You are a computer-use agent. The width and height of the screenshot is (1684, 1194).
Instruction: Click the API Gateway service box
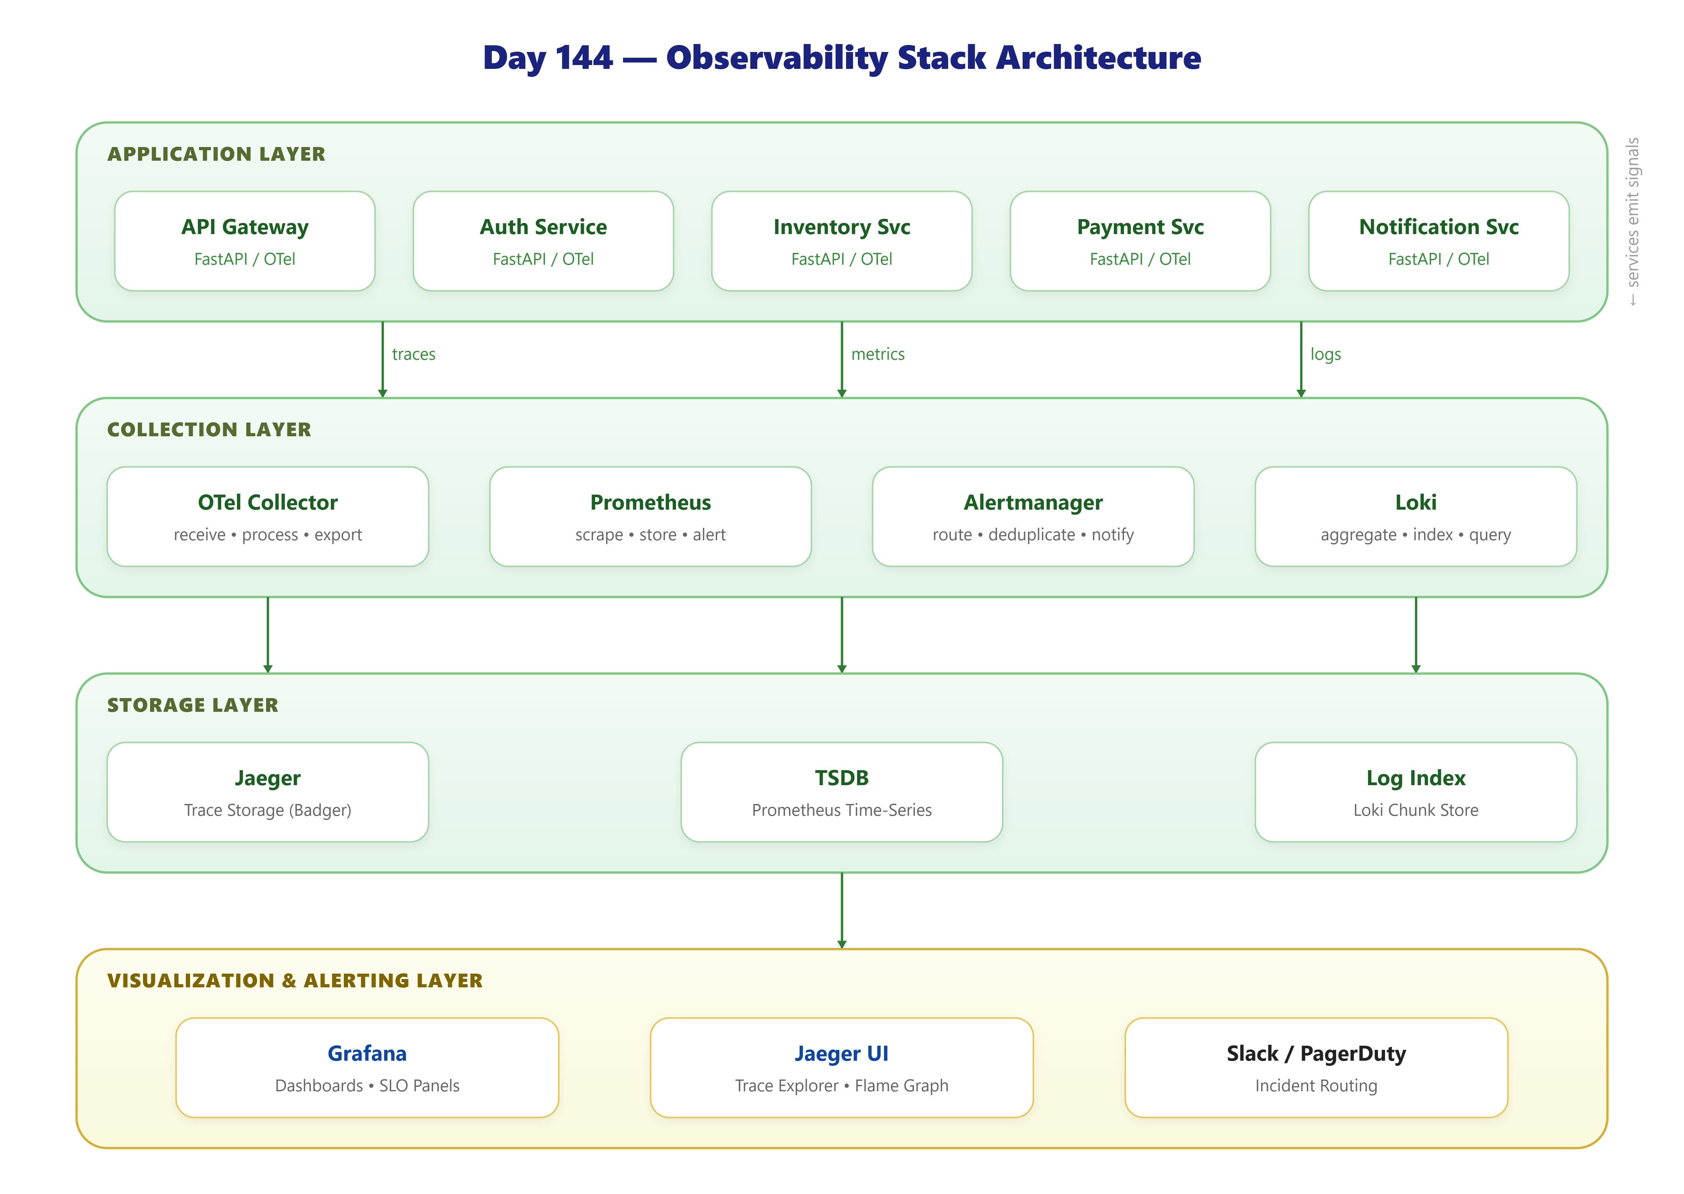[245, 241]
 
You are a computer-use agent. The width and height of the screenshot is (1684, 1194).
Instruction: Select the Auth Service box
[543, 241]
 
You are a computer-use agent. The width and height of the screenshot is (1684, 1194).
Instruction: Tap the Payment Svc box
[1141, 241]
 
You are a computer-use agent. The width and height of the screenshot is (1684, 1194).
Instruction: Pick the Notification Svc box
[1439, 241]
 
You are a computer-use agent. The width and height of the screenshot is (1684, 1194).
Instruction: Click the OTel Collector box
[268, 517]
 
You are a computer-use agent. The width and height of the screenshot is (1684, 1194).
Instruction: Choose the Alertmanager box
[1033, 517]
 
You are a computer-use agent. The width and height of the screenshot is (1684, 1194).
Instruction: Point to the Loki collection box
[1415, 517]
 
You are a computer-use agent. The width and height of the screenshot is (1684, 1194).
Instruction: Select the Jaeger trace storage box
[268, 792]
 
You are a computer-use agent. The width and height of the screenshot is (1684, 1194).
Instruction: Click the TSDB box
[842, 792]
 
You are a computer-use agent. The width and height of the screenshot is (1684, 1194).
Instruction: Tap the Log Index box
[1415, 792]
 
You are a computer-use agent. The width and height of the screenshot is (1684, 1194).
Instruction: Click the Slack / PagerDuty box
[1316, 1068]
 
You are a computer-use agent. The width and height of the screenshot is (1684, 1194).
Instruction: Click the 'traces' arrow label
[413, 354]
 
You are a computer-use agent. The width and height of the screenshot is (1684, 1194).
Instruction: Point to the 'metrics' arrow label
[878, 354]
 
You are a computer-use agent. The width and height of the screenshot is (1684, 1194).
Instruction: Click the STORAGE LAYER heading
[193, 705]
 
